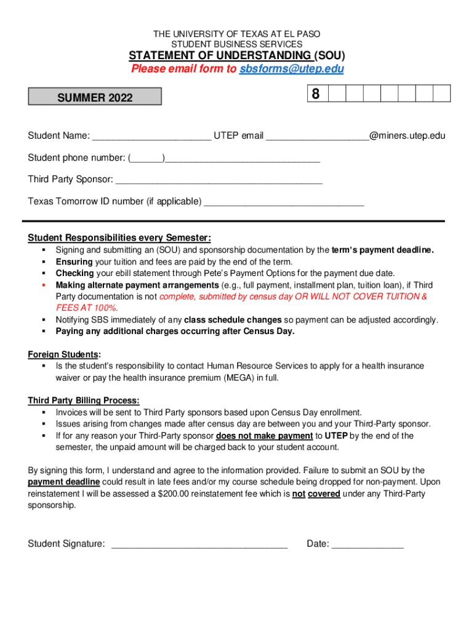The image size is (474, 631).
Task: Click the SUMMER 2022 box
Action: click(x=95, y=97)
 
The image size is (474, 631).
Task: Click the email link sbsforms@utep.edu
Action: click(x=291, y=69)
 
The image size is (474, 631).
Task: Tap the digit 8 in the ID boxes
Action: click(x=316, y=94)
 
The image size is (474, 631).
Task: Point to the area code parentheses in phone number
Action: click(x=147, y=158)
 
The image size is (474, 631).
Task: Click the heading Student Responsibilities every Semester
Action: click(x=119, y=238)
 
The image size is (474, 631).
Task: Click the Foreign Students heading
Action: click(x=64, y=354)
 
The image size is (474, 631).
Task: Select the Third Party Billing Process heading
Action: click(x=83, y=401)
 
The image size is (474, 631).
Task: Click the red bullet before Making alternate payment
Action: click(x=45, y=285)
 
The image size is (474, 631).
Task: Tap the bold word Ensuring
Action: click(x=74, y=262)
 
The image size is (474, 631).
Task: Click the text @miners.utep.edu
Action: click(x=407, y=136)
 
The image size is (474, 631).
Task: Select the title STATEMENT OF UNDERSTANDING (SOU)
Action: click(x=236, y=56)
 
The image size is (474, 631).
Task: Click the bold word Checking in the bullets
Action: click(x=75, y=274)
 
